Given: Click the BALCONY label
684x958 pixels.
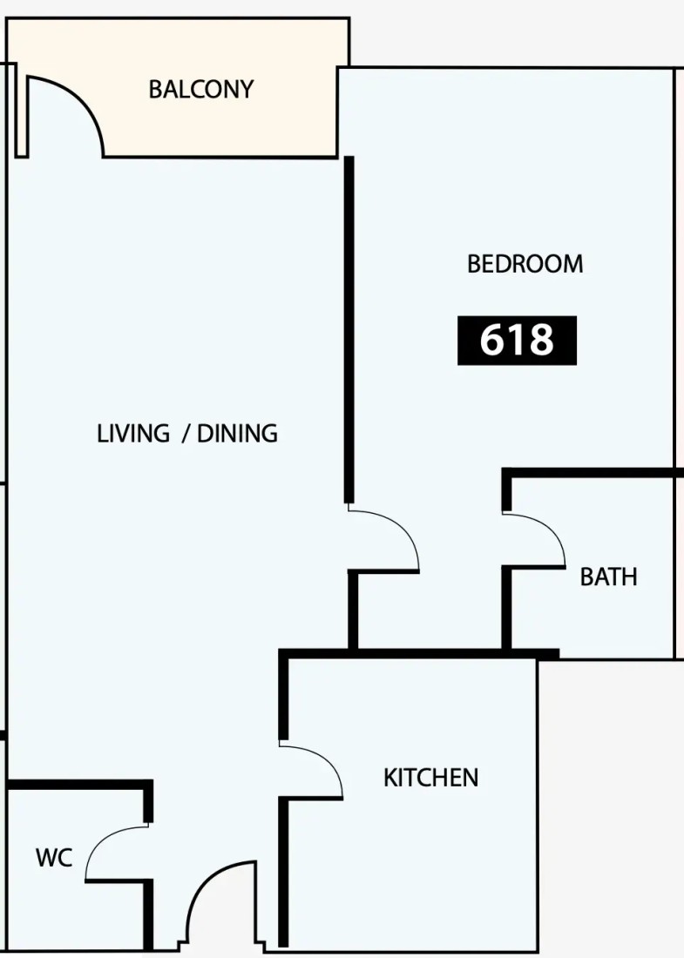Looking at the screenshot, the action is (x=201, y=89).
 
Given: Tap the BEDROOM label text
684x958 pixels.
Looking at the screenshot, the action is (x=525, y=264).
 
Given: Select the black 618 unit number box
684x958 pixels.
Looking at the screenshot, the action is (x=517, y=341).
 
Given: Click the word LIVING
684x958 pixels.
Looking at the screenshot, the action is (x=133, y=433).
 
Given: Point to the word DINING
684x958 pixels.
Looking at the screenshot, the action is (x=237, y=433).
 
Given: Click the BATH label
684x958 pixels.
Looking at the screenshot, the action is (x=608, y=577).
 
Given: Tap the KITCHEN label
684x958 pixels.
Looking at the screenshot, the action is (x=431, y=778).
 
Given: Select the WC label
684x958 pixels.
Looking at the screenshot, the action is (x=54, y=858).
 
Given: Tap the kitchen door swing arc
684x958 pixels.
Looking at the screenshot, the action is (x=326, y=759).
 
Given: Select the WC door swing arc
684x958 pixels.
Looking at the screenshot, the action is (x=101, y=841).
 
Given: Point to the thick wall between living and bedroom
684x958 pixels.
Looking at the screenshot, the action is (x=349, y=330).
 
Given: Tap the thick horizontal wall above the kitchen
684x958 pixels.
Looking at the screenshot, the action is (x=419, y=654).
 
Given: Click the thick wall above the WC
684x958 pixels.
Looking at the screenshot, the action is (x=79, y=784).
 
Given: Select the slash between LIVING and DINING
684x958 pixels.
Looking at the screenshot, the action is (x=185, y=433).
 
